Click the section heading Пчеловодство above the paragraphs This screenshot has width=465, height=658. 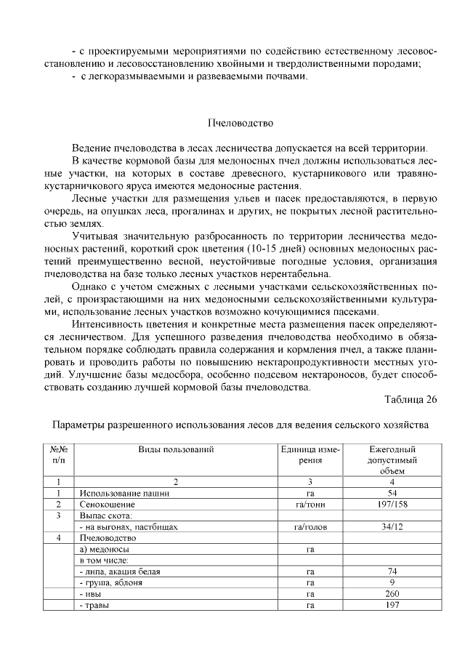coord(240,121)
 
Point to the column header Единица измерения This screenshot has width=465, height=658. coord(310,455)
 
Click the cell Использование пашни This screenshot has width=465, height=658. coord(124,494)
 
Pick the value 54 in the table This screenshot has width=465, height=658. coord(392,494)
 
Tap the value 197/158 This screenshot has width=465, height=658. coord(392,505)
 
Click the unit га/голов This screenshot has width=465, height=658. coord(310,527)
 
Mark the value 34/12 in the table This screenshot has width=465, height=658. coord(392,527)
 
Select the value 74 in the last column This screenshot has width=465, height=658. coord(392,571)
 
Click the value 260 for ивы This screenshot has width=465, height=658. coord(392,594)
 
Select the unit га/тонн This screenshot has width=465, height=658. coord(310,505)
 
